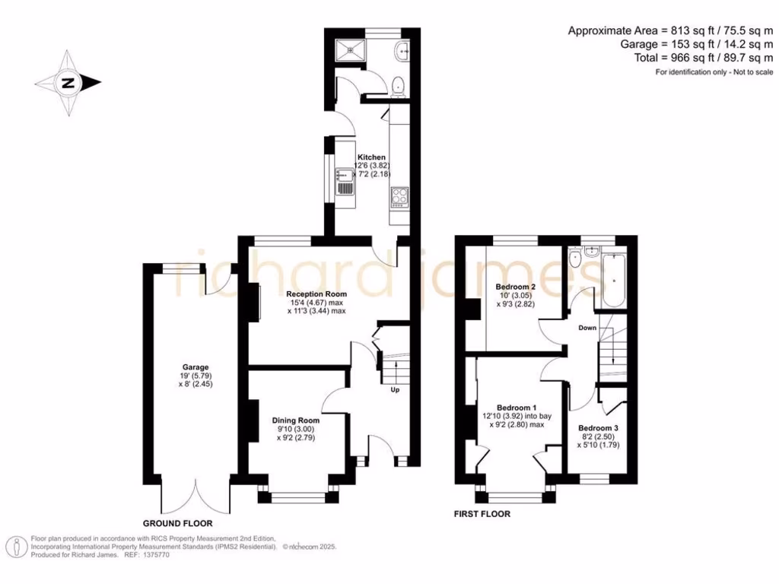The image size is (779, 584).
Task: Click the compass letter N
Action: (68, 84)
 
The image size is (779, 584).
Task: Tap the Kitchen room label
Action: (373, 157)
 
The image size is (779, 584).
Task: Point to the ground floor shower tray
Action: (351, 50)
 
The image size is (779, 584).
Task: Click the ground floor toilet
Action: (399, 86)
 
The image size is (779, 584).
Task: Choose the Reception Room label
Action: (316, 294)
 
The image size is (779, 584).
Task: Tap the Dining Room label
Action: (296, 420)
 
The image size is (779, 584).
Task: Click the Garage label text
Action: (180, 367)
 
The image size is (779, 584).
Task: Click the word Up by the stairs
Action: (395, 390)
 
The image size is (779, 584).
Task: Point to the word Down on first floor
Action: (587, 328)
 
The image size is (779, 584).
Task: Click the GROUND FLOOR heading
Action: (177, 524)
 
